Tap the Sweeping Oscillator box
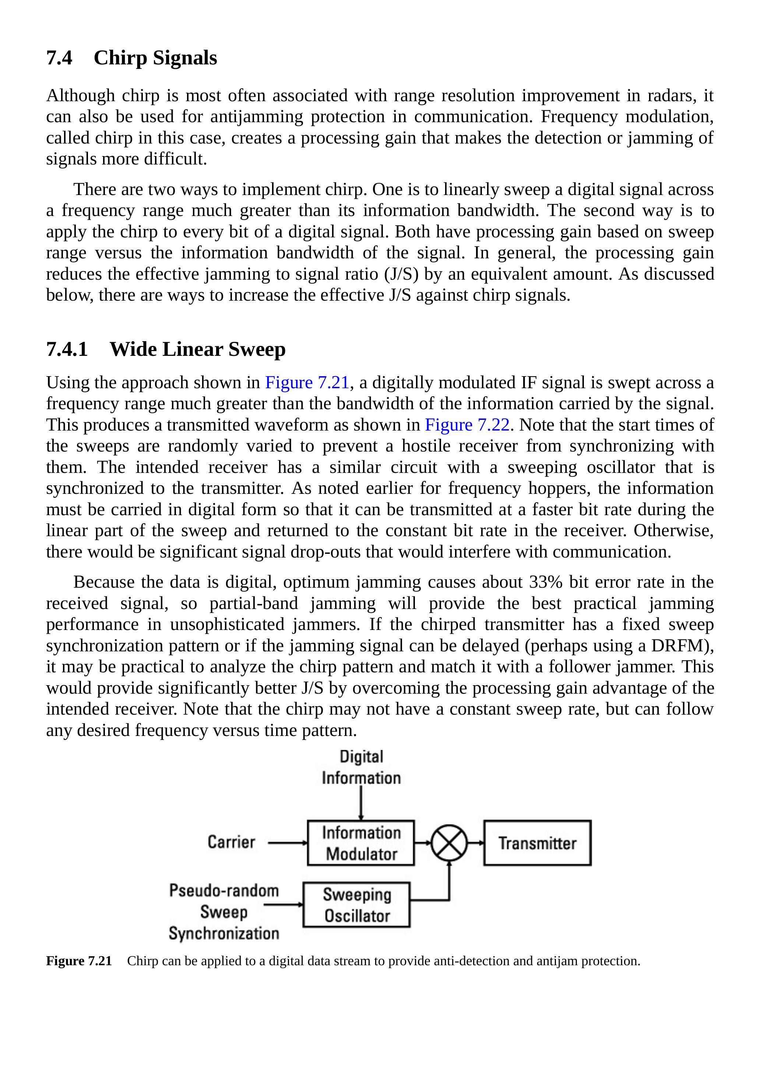point(356,905)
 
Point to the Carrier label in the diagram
point(231,842)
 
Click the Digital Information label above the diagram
point(361,767)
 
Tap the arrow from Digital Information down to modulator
point(361,802)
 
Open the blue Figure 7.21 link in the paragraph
point(307,382)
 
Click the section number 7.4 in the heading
point(59,58)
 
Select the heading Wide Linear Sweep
point(197,349)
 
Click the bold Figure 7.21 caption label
point(79,961)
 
